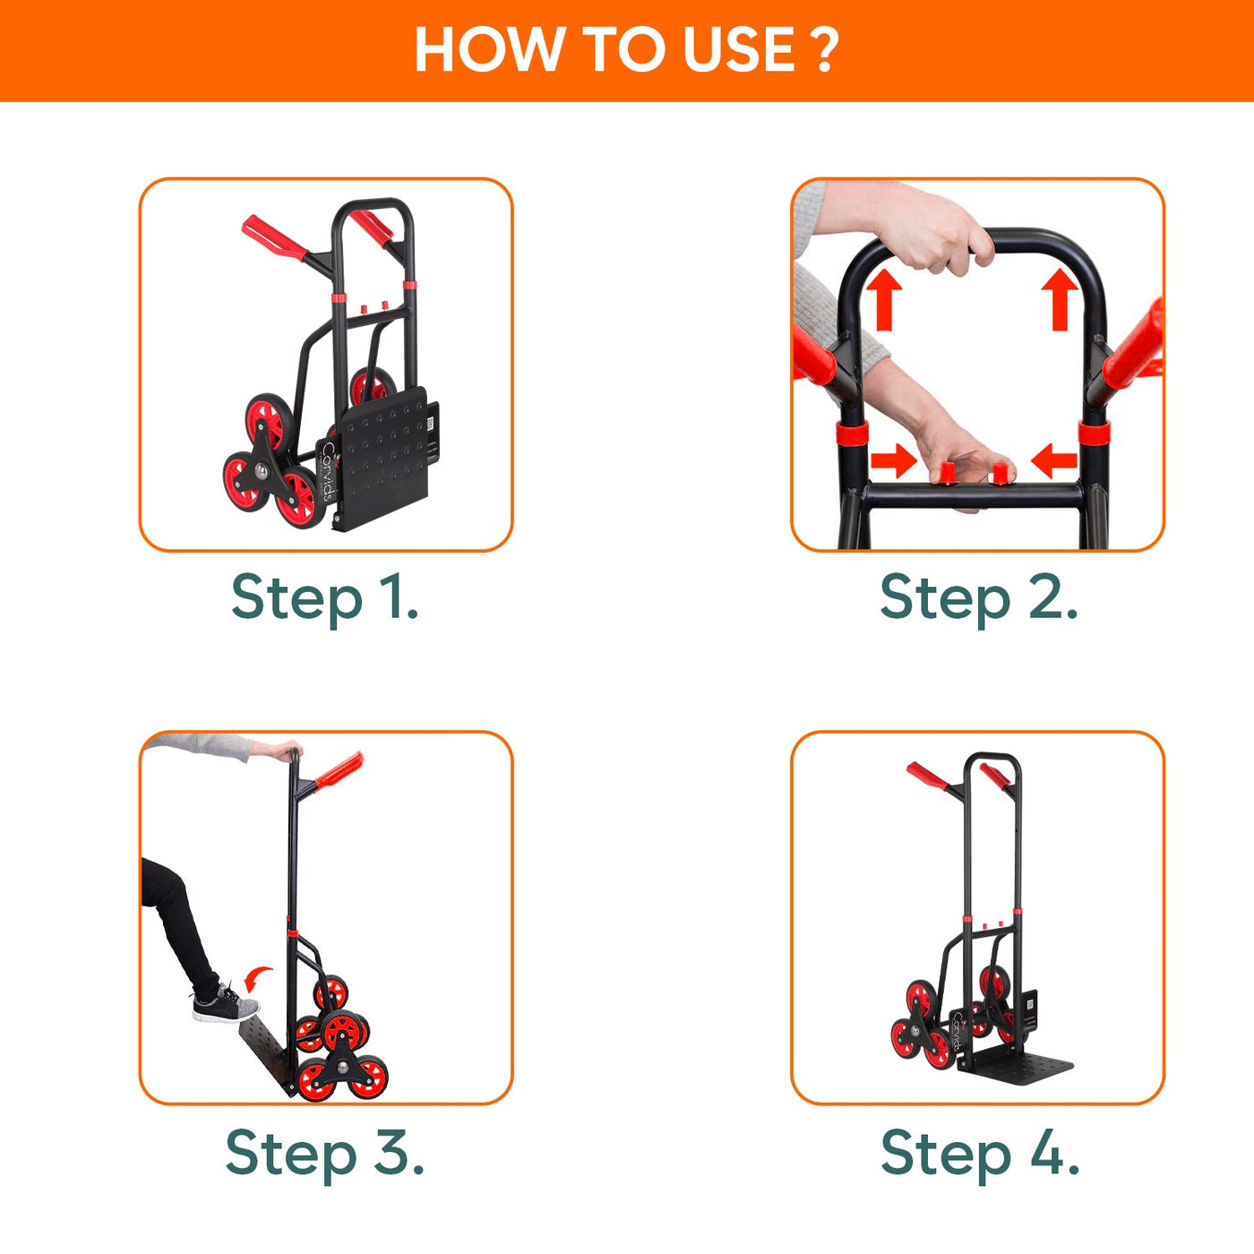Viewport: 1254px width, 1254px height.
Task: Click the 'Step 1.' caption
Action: (x=324, y=597)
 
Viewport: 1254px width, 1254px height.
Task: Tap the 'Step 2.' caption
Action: (x=978, y=597)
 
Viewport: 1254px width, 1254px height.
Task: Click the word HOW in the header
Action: (x=486, y=50)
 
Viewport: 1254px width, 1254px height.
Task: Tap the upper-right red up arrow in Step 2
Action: (x=1060, y=301)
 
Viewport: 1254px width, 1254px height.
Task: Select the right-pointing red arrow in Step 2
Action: (x=893, y=462)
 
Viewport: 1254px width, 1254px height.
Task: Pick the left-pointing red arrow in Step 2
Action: (x=1054, y=462)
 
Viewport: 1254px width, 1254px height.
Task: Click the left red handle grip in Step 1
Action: (x=274, y=238)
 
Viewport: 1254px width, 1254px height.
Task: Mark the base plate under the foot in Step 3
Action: (x=267, y=1053)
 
